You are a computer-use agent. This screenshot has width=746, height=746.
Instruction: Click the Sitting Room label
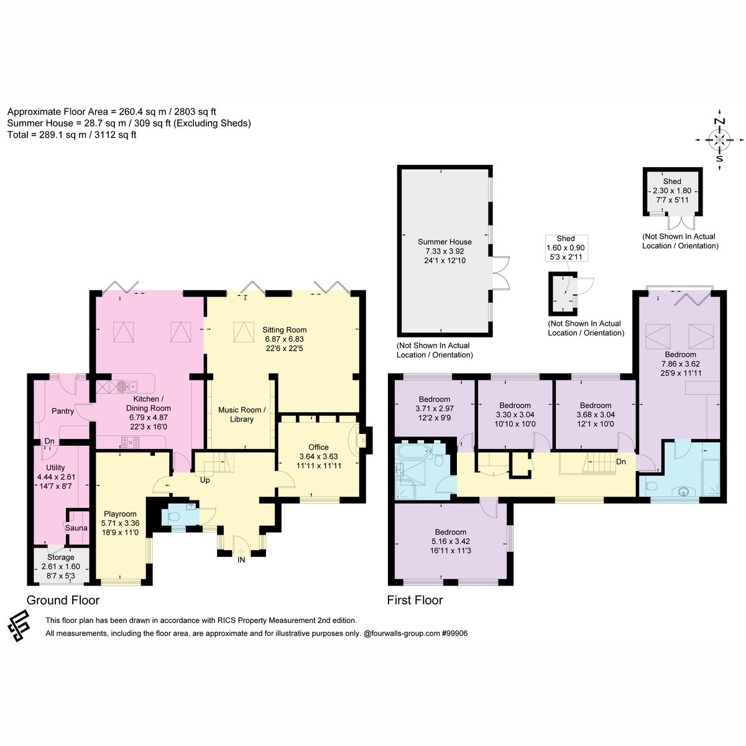point(284,330)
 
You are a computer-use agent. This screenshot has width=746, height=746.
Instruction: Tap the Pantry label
point(63,411)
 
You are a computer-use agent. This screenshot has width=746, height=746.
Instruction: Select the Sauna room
point(77,527)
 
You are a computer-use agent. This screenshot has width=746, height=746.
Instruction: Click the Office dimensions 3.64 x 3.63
point(318,456)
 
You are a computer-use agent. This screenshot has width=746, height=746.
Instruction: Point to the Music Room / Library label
point(242,414)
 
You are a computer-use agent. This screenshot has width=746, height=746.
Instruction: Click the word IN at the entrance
point(241,559)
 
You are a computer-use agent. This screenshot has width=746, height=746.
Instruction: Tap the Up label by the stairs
point(205,480)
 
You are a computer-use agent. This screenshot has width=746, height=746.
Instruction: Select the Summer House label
point(444,242)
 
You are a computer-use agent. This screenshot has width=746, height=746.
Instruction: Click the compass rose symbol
point(719,139)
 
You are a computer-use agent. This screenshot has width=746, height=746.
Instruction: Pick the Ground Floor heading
point(63,600)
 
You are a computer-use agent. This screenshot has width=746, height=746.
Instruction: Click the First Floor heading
point(415,600)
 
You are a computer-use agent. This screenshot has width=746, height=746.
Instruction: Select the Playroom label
point(120,513)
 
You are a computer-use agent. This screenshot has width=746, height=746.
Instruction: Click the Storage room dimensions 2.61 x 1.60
point(61,566)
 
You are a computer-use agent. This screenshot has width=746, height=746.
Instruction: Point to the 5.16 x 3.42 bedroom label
point(450,541)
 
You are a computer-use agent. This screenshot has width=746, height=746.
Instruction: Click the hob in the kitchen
point(131,442)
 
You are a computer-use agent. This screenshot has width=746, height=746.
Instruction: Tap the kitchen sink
point(128,386)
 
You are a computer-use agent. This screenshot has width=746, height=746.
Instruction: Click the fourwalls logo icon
point(18,626)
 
